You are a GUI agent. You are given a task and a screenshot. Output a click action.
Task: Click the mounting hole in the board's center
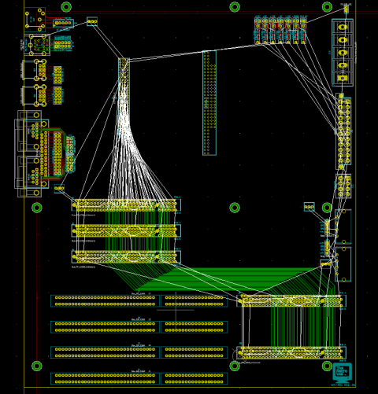click(x=235, y=208)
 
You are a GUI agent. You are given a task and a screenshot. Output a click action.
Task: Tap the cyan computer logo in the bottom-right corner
click(x=341, y=371)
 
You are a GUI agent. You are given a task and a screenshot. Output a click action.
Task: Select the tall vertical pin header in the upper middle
click(x=209, y=102)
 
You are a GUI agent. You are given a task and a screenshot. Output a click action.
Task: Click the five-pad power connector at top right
click(x=343, y=52)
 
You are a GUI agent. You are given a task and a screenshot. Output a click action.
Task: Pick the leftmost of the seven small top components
click(x=258, y=30)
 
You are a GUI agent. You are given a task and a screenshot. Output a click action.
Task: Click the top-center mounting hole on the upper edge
click(x=235, y=7)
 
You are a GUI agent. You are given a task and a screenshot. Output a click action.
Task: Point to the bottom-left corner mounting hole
click(x=37, y=366)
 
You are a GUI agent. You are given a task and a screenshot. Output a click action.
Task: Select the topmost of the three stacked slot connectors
click(x=126, y=205)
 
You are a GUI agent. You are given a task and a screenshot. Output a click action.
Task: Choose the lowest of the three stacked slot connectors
click(x=126, y=256)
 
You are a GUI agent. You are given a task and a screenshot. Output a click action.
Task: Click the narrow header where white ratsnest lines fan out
click(x=124, y=79)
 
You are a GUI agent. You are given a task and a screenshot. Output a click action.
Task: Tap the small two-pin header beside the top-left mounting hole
click(x=92, y=21)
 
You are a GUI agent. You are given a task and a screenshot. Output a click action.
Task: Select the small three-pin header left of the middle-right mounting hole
click(x=309, y=208)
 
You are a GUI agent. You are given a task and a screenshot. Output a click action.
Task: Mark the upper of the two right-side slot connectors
click(x=291, y=300)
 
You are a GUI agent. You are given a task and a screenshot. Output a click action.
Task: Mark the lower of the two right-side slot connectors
click(x=291, y=352)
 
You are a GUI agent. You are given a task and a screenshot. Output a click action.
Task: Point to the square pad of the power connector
click(x=343, y=27)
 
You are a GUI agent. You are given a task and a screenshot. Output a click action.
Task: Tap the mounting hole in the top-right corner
click(x=327, y=7)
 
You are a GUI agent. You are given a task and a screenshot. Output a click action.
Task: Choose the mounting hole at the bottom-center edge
click(x=235, y=366)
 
